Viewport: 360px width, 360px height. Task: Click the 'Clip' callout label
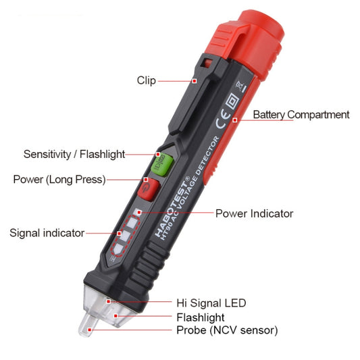tap(146, 80)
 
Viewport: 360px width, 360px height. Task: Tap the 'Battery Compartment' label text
tap(301, 115)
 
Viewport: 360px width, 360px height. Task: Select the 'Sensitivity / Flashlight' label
tap(74, 154)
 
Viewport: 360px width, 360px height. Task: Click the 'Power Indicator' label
tap(254, 213)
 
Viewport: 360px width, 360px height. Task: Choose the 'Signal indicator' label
tap(47, 233)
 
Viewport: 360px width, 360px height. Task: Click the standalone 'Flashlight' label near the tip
tap(200, 317)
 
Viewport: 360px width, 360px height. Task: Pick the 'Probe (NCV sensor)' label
tap(226, 330)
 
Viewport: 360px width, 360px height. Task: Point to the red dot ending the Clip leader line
tap(195, 80)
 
